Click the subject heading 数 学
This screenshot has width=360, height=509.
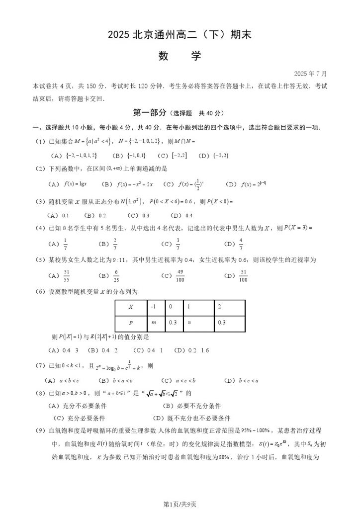pyautogui.click(x=180, y=56)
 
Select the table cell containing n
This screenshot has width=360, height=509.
pyautogui.click(x=198, y=323)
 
